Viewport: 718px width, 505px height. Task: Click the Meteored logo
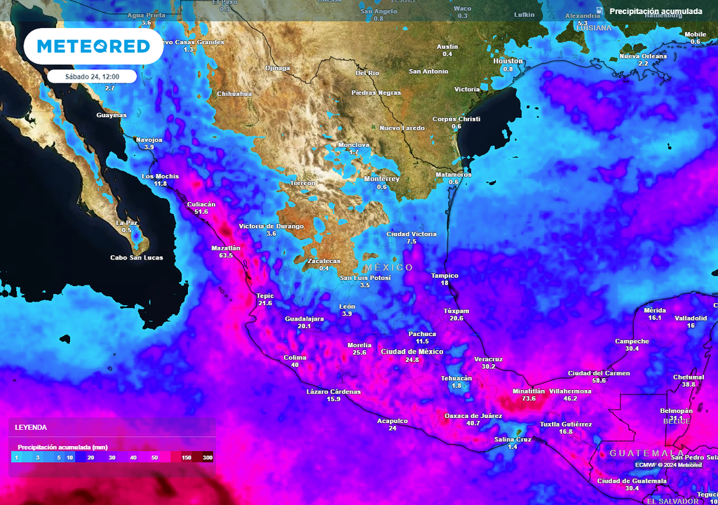[93, 46]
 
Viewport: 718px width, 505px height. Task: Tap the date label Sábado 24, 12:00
[92, 76]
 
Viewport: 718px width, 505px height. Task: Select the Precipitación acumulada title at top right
[656, 11]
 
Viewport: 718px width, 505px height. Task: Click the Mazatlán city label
[226, 248]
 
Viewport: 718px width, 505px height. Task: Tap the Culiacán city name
[201, 203]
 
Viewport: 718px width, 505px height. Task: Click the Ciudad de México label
[412, 351]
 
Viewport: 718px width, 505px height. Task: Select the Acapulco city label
[393, 420]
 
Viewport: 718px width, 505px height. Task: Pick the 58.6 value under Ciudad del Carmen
[599, 381]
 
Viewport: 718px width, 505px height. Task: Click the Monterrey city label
[381, 179]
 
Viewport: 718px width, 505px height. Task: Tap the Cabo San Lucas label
[137, 257]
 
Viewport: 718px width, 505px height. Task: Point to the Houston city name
[508, 61]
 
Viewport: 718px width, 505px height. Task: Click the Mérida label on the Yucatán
[655, 309]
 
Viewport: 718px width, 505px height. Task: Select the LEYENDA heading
[31, 426]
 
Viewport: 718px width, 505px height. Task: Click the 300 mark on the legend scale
[208, 457]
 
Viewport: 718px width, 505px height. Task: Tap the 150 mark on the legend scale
[187, 457]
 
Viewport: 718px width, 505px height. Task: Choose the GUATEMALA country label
[646, 453]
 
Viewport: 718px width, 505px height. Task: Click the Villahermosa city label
[571, 391]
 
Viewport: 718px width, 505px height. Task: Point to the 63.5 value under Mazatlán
[226, 256]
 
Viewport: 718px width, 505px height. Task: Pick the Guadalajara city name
[304, 318]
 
